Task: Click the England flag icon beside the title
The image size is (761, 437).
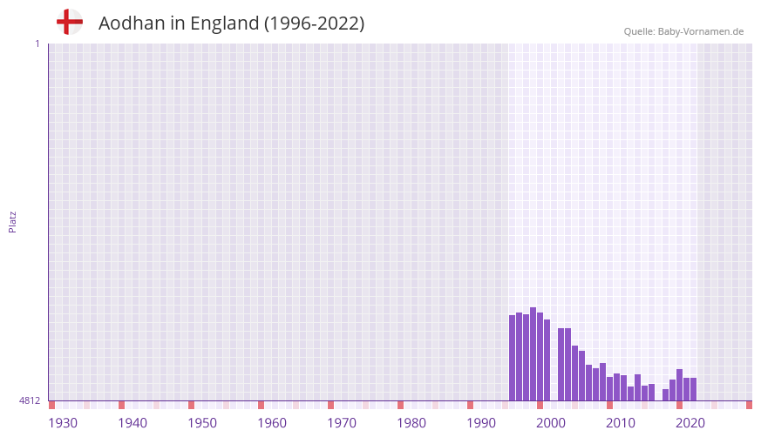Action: tap(69, 23)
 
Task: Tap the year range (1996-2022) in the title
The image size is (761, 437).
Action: tap(314, 24)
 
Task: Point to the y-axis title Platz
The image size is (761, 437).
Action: tap(12, 221)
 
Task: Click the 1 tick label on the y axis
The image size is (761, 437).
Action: tap(37, 44)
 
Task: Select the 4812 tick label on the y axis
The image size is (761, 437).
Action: tap(30, 400)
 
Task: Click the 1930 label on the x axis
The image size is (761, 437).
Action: tap(63, 423)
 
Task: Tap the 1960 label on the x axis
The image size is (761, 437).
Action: tap(272, 423)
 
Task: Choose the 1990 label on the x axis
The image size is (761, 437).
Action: tap(481, 423)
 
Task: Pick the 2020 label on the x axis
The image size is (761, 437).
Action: tap(690, 423)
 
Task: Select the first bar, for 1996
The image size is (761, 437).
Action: tap(513, 358)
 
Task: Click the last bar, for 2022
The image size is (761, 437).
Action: tap(694, 389)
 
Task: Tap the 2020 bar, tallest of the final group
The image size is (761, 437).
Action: tap(680, 385)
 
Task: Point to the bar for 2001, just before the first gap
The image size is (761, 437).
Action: tap(547, 360)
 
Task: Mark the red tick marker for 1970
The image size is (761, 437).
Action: tap(331, 405)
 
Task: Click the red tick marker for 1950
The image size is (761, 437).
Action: tap(192, 405)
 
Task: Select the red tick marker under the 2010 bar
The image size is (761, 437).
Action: tap(610, 405)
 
